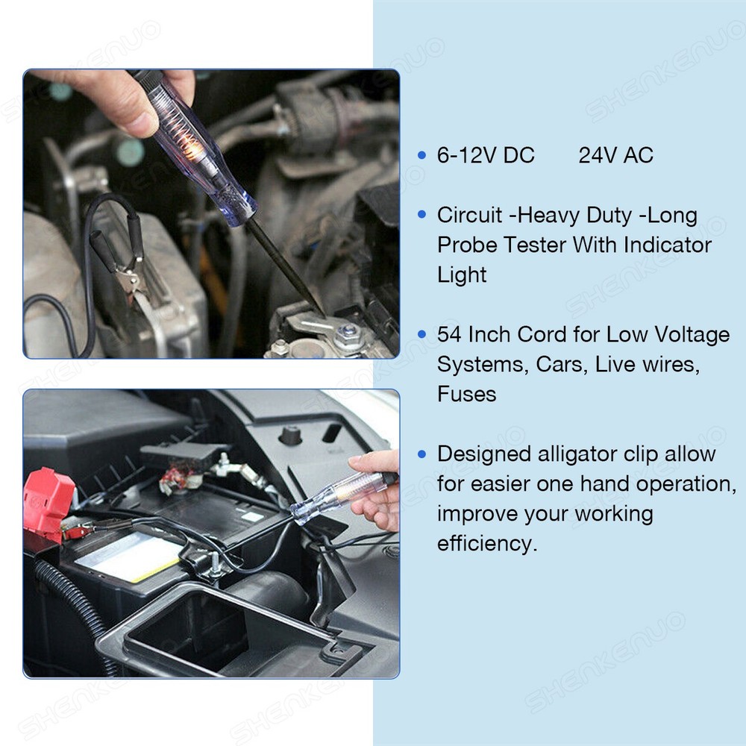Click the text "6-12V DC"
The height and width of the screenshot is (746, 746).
(486, 156)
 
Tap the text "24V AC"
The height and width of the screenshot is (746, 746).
(615, 156)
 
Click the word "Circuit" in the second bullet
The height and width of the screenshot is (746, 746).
(469, 216)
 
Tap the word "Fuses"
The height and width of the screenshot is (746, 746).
(466, 395)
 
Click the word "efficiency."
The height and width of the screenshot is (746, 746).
(486, 544)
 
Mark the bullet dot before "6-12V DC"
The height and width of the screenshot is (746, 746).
(422, 156)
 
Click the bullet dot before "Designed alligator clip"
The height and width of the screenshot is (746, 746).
(422, 454)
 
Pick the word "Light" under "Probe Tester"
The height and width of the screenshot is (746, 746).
(462, 275)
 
